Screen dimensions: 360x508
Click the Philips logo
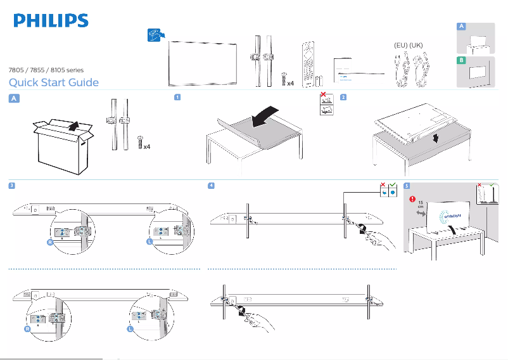point(51,20)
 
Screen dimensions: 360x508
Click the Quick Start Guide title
point(53,82)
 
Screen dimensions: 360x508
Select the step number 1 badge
point(178,98)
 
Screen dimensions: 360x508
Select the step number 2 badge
point(343,98)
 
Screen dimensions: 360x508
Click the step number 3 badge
point(12,186)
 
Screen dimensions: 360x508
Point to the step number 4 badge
point(212,186)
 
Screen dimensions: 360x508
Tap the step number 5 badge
point(407,186)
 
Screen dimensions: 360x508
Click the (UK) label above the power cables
point(416,46)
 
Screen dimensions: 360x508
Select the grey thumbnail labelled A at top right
point(476,40)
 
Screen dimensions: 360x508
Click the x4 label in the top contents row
point(290,82)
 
